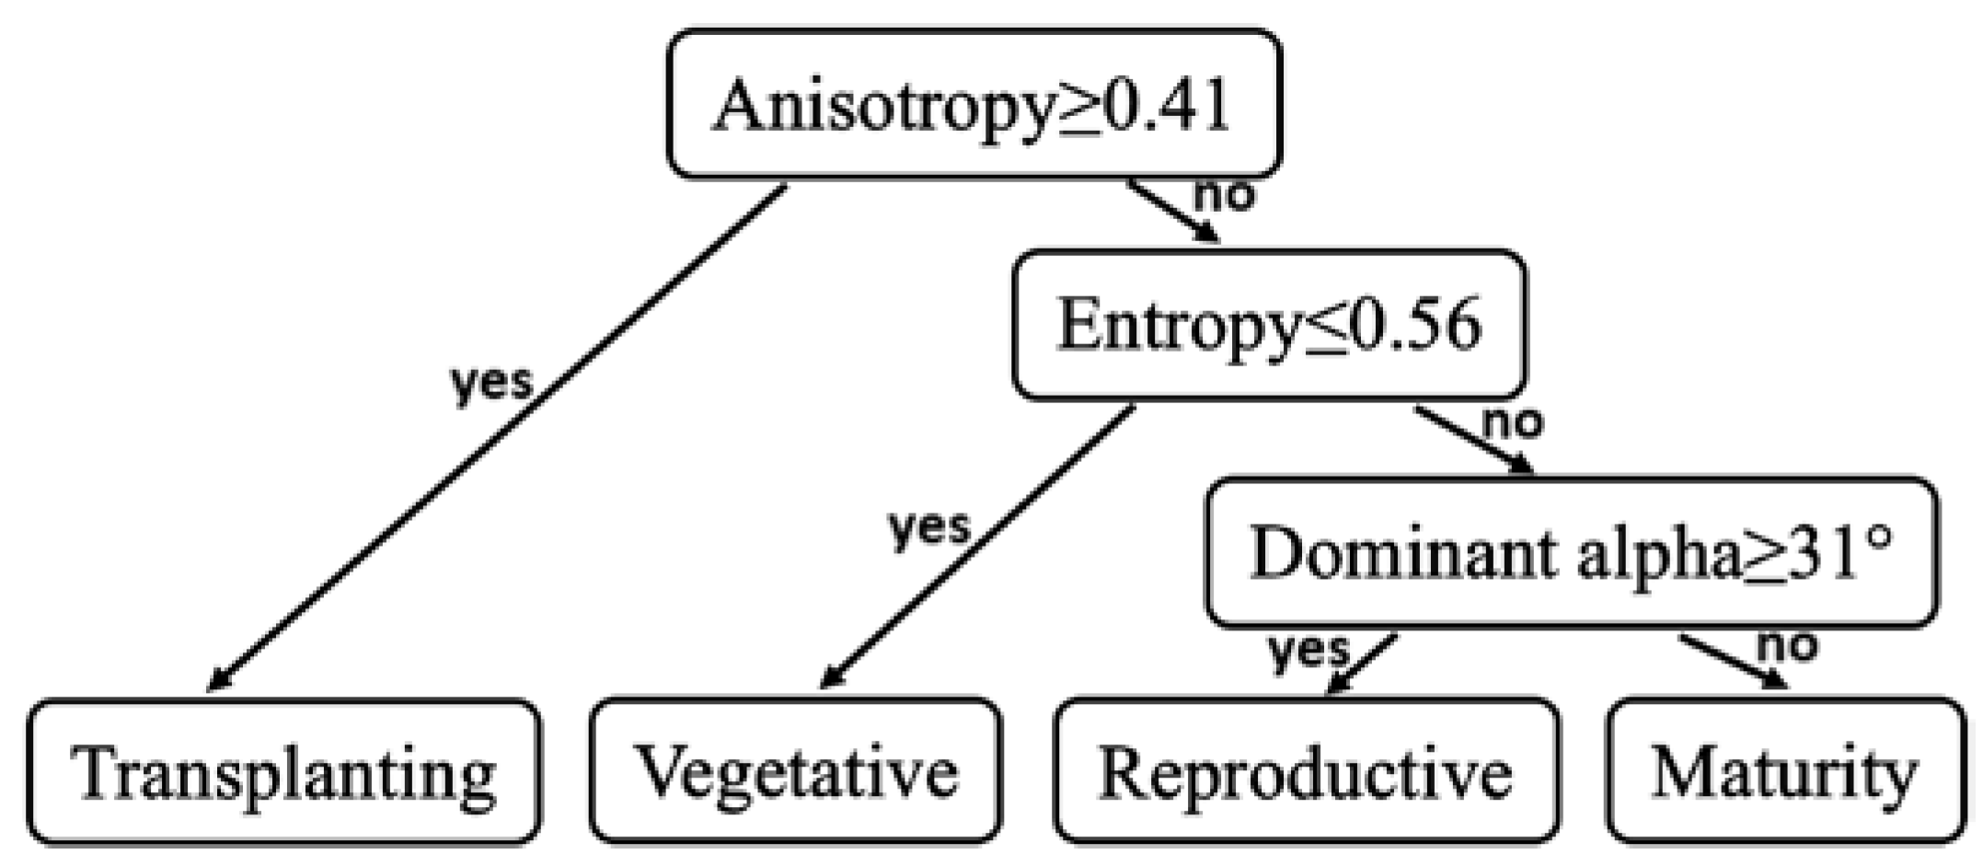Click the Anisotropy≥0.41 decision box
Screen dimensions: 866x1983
pos(974,104)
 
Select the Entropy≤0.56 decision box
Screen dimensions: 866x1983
pos(1269,325)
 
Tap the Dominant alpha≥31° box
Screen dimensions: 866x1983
pos(1572,553)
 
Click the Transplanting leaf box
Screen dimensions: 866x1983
pos(283,772)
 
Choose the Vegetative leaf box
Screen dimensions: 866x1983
pos(795,772)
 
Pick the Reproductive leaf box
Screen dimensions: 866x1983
pos(1306,772)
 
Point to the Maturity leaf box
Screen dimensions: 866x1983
pos(1784,772)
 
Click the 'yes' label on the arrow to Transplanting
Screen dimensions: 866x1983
pos(490,381)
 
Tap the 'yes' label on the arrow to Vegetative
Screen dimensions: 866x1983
pos(928,527)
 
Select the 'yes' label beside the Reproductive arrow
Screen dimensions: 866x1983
pos(1308,650)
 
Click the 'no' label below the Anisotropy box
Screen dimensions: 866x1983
pos(1224,195)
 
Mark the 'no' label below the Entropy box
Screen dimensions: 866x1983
pos(1513,422)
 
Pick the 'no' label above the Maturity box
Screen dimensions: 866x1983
pos(1787,645)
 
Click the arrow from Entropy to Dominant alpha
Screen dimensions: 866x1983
pos(1472,440)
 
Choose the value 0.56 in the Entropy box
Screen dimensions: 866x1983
pos(1417,325)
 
